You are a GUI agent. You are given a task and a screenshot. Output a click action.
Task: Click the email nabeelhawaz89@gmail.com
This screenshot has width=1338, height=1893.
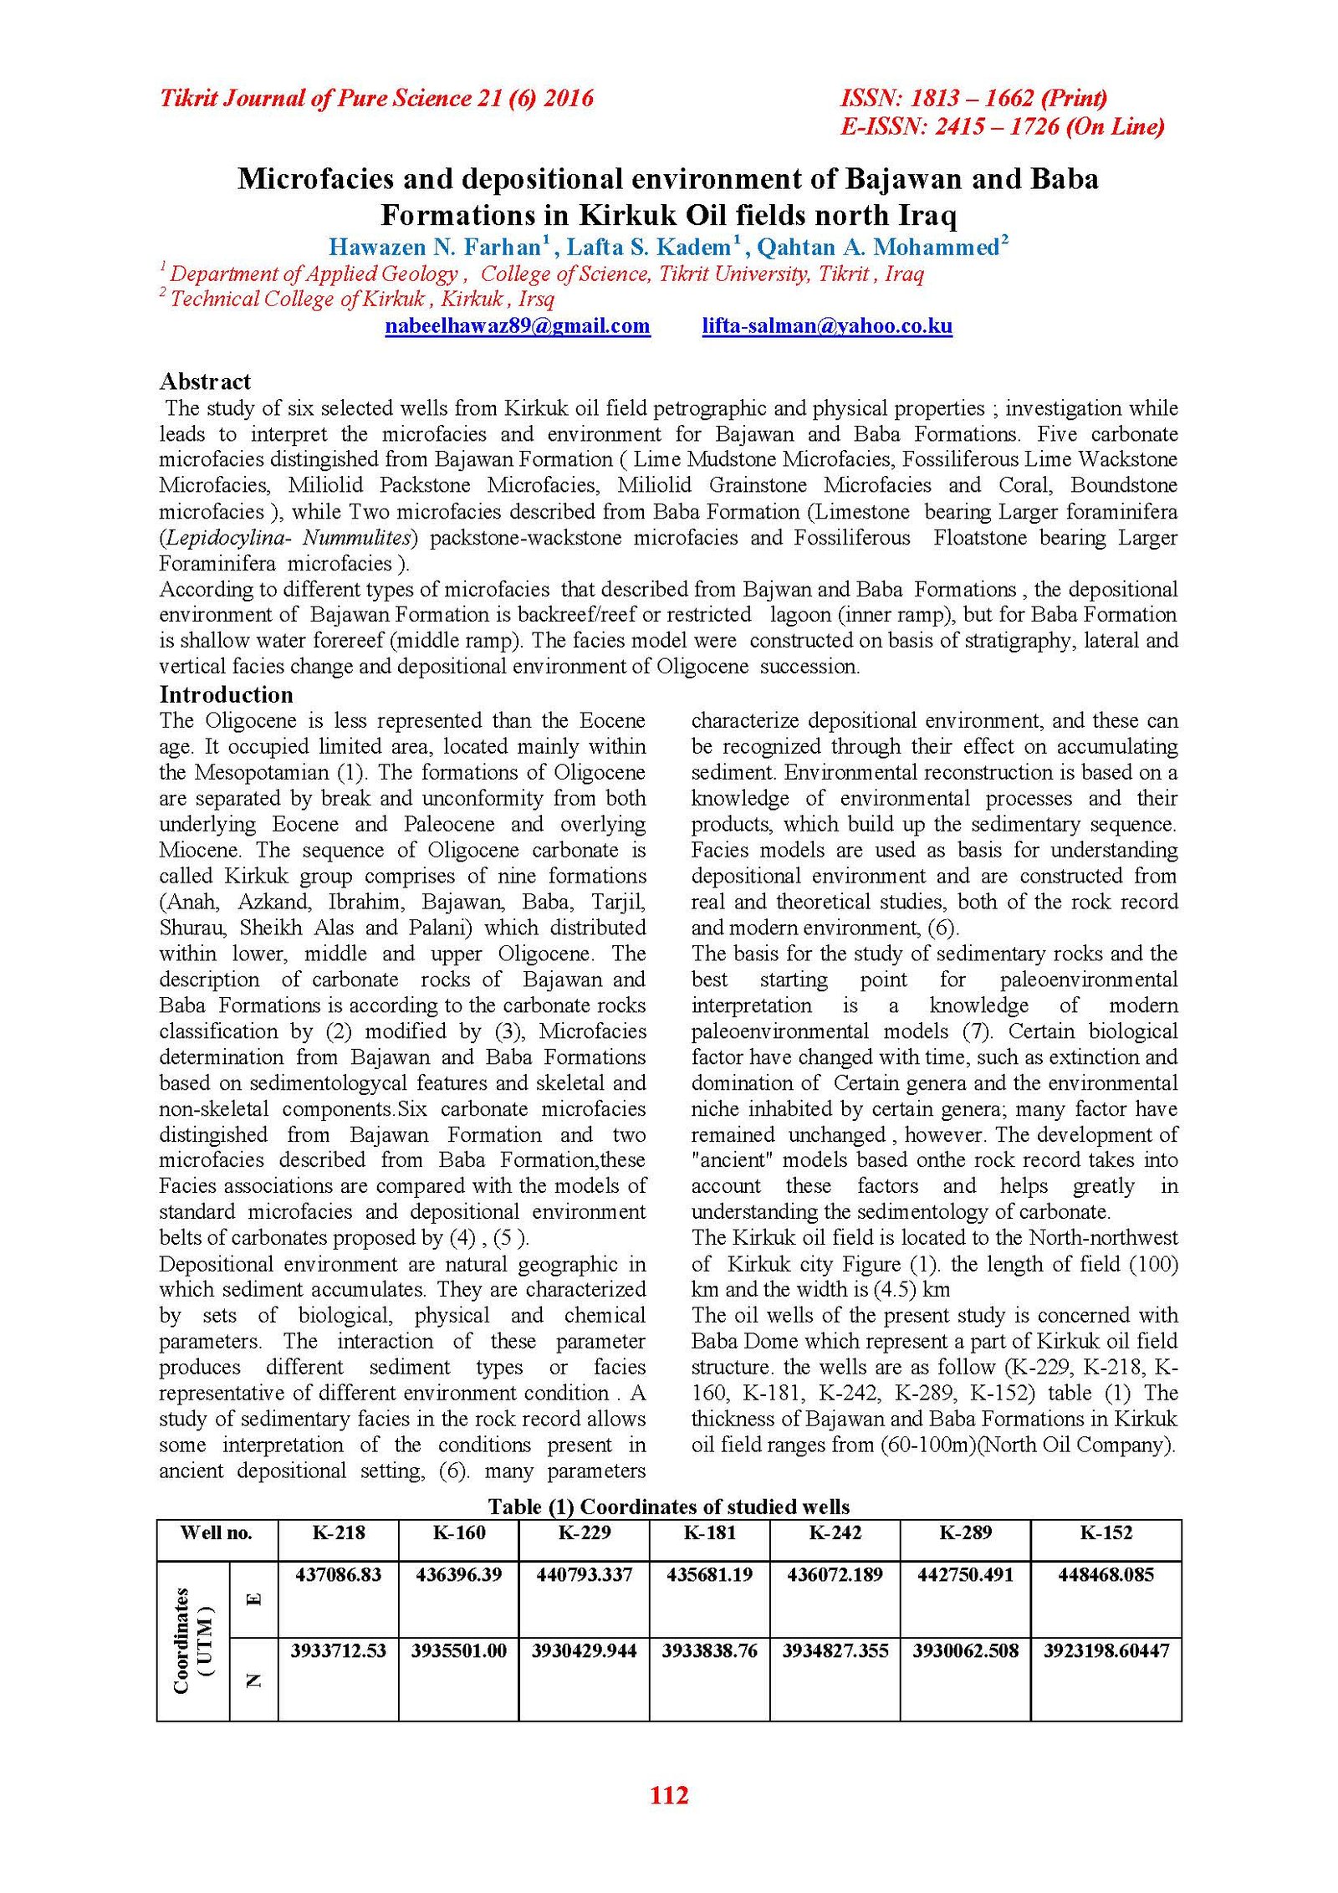517,326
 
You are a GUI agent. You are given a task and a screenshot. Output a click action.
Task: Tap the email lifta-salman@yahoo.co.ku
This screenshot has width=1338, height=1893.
826,326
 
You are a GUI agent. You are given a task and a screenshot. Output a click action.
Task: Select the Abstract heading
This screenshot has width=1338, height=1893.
205,381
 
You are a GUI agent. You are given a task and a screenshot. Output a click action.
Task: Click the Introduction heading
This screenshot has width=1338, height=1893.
226,694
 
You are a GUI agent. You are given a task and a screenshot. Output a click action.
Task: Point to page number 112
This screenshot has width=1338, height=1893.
669,1795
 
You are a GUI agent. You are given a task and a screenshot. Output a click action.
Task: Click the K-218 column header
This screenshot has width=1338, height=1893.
338,1533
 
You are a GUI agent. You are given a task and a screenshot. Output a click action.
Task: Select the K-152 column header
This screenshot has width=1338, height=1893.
1106,1533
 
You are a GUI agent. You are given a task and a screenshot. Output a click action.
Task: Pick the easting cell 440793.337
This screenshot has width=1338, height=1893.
584,1575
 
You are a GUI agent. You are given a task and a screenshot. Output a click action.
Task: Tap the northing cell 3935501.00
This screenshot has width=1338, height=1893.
458,1651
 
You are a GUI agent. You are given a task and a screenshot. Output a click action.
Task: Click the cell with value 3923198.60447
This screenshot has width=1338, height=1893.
1106,1651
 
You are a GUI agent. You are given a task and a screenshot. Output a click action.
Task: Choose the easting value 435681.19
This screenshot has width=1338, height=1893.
709,1575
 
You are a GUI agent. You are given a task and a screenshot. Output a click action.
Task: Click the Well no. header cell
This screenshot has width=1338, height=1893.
216,1533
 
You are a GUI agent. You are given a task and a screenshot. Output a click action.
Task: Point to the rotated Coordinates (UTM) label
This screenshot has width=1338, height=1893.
193,1640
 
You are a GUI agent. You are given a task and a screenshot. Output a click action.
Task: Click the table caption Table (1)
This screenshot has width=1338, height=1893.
668,1507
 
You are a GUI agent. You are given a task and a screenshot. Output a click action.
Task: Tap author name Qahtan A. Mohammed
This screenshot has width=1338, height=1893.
878,248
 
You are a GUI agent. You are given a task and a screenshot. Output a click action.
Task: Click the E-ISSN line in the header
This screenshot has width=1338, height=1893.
1002,126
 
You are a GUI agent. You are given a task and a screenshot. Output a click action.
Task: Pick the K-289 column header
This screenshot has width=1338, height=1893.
965,1533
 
